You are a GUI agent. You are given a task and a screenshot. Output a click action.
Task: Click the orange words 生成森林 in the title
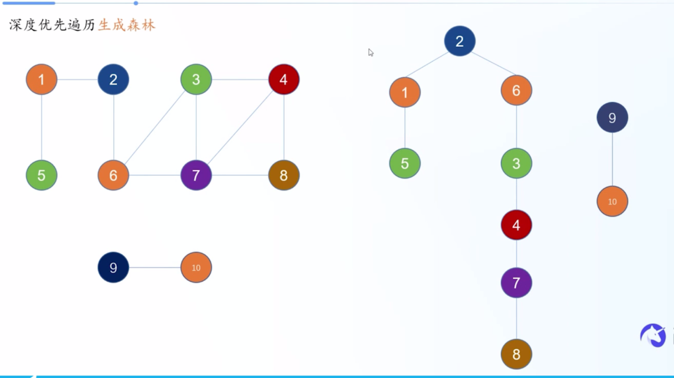click(x=127, y=25)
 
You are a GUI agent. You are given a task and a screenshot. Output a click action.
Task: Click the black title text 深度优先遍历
click(x=52, y=25)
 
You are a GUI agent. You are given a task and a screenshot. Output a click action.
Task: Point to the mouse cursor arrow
click(x=371, y=52)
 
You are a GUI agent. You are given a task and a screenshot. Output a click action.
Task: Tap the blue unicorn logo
click(x=653, y=335)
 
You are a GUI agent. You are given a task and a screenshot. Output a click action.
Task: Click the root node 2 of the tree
click(x=459, y=41)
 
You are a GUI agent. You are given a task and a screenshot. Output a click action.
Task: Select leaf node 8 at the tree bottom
click(x=516, y=354)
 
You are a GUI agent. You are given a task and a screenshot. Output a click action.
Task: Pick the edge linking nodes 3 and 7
click(x=196, y=127)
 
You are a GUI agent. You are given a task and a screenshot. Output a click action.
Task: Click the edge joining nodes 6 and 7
click(x=154, y=175)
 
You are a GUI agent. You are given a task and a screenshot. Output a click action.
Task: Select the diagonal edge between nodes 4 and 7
click(x=240, y=127)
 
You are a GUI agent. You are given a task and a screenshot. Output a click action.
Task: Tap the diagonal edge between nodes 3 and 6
click(x=154, y=127)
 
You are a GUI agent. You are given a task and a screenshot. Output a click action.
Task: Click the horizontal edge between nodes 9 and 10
click(x=154, y=267)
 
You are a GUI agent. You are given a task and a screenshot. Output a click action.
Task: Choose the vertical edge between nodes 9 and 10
click(x=612, y=159)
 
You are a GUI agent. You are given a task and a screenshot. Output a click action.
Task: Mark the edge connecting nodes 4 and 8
click(x=284, y=127)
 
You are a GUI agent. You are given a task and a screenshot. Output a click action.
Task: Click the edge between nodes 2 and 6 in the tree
click(x=494, y=64)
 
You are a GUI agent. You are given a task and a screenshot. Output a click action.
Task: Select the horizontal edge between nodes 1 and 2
click(x=77, y=79)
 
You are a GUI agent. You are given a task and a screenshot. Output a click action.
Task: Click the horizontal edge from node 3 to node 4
click(x=240, y=79)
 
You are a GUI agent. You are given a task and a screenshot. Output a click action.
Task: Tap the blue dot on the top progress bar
click(x=136, y=3)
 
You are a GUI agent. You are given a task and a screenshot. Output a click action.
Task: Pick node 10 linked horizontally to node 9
click(x=196, y=267)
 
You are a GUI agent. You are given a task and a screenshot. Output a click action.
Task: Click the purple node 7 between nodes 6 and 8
click(x=196, y=175)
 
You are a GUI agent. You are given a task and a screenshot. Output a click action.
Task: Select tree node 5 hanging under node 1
click(x=405, y=163)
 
